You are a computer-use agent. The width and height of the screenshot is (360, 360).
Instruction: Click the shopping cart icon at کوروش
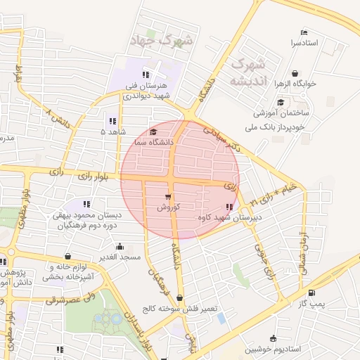(168, 197)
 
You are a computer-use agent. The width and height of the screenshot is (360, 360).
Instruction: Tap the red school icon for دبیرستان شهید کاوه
(229, 207)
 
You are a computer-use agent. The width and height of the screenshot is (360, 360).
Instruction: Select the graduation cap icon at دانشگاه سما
(154, 131)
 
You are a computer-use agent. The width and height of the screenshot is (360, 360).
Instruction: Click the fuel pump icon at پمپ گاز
(311, 292)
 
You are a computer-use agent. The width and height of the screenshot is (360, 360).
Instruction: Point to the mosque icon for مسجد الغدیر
(121, 246)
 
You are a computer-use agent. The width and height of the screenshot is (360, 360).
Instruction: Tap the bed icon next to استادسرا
(304, 32)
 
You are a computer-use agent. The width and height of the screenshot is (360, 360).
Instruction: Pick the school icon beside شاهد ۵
(113, 120)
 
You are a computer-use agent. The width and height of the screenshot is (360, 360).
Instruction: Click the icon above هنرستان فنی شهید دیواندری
(146, 74)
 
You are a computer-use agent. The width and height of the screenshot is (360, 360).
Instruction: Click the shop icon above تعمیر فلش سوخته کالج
(180, 297)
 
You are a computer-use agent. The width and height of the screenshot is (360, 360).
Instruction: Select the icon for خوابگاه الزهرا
(295, 72)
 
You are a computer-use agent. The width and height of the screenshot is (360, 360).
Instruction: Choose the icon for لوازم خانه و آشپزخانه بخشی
(67, 257)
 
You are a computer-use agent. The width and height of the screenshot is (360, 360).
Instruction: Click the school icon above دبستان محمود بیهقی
(87, 205)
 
